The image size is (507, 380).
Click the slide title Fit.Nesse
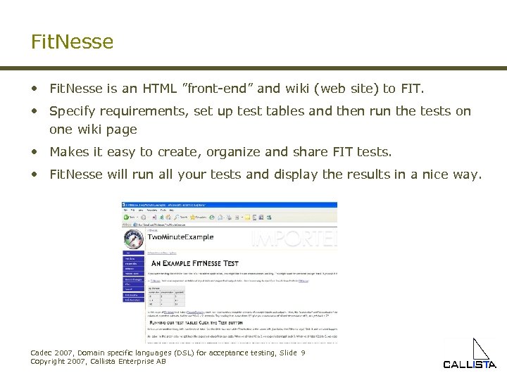[72, 42]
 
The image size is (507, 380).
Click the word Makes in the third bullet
[69, 152]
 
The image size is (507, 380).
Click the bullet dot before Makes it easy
[34, 152]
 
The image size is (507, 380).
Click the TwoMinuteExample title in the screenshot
[184, 239]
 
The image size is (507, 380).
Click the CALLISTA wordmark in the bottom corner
[469, 365]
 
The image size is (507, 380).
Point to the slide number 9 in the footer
[303, 353]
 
